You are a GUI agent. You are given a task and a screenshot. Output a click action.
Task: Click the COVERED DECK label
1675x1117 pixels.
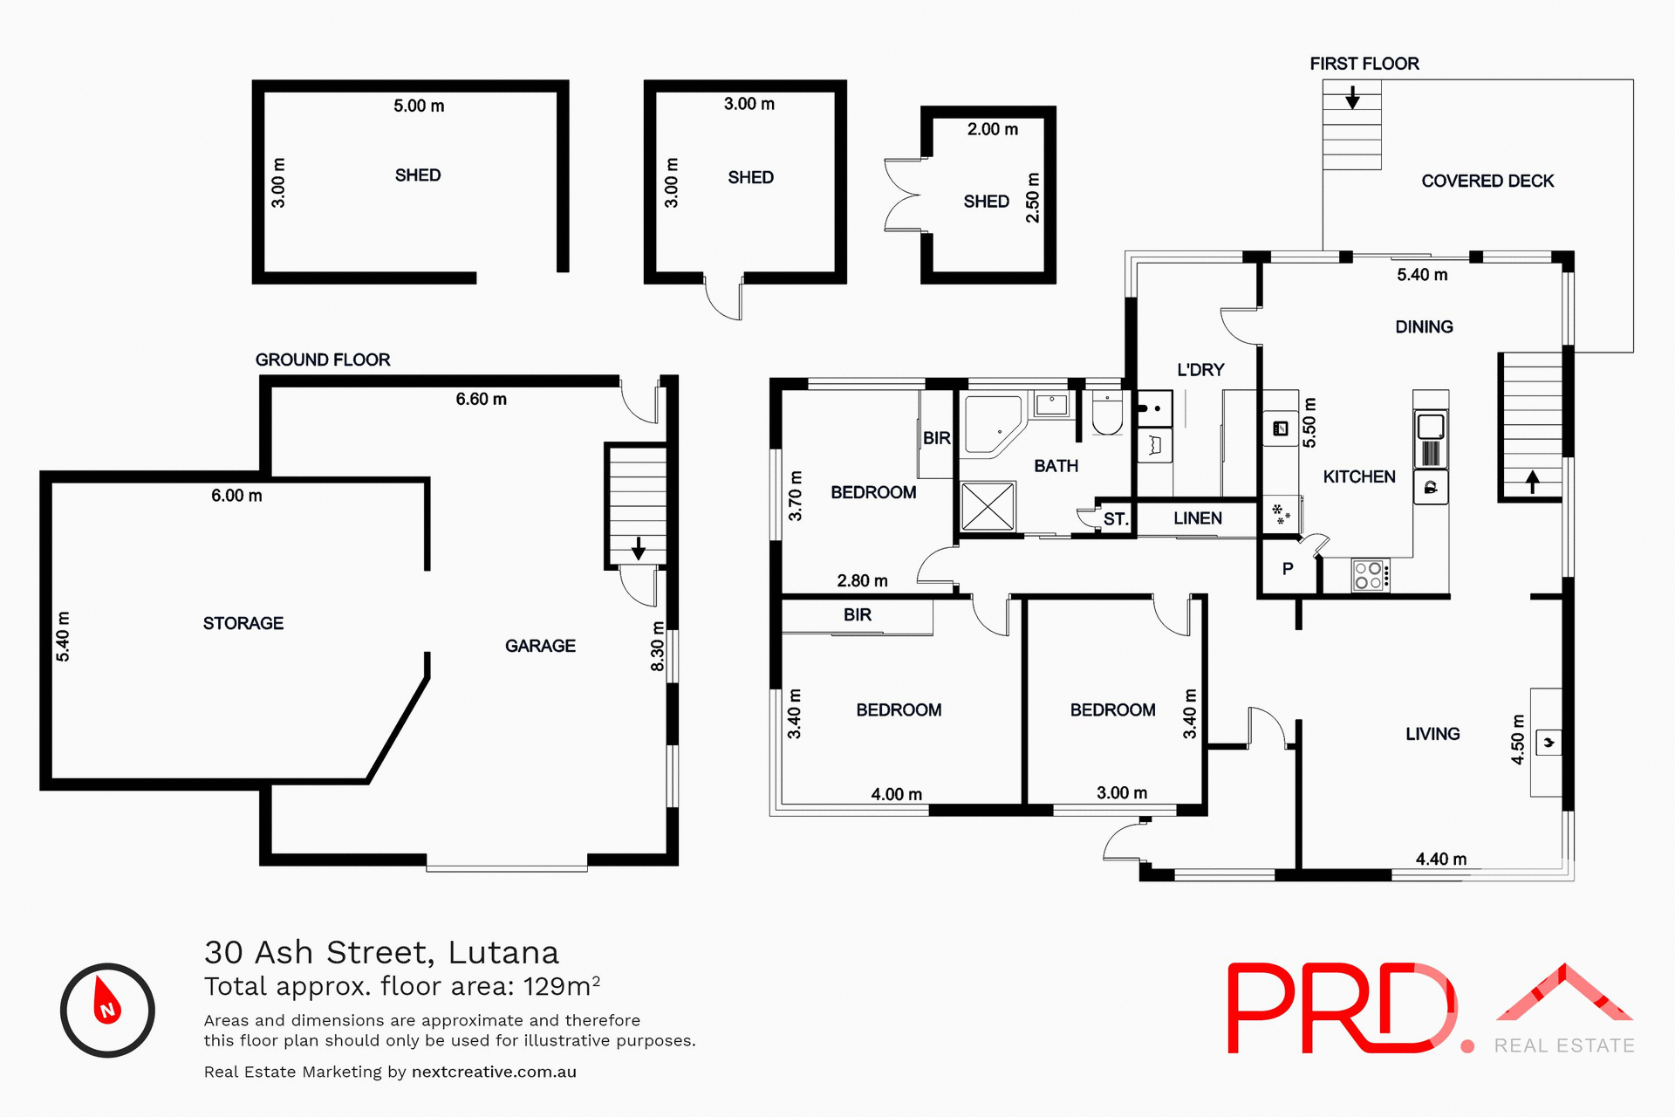(1487, 182)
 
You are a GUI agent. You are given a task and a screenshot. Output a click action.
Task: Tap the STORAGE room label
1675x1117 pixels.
(243, 623)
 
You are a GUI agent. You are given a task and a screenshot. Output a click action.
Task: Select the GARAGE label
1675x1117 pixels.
(540, 646)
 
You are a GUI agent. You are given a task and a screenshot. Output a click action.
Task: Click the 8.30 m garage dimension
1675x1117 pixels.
(658, 647)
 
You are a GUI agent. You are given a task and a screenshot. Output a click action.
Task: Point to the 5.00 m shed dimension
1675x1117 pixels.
(419, 106)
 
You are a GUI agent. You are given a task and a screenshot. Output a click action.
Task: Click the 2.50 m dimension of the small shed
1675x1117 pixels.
(1033, 198)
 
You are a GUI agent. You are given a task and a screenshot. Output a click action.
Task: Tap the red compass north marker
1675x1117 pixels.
(106, 1004)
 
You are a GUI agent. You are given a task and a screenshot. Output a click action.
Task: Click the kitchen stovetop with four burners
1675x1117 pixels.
(1369, 576)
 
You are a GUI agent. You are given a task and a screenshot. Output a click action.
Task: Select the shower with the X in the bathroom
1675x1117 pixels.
(988, 506)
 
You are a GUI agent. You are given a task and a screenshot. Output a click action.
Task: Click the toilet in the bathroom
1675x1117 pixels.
(1107, 415)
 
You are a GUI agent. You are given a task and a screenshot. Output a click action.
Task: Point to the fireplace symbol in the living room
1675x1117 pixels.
(1549, 743)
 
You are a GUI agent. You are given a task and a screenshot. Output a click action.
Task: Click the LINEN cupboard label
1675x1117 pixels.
(1197, 518)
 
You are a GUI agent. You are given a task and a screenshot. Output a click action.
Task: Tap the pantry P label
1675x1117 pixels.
(1288, 569)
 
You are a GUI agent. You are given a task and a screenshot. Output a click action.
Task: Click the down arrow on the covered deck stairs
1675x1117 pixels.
(1352, 97)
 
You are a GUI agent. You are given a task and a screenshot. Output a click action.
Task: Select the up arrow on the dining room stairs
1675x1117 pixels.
(1533, 481)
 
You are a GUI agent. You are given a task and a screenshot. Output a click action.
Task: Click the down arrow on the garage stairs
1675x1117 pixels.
(638, 548)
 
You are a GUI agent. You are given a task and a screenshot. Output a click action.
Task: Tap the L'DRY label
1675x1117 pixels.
(1200, 370)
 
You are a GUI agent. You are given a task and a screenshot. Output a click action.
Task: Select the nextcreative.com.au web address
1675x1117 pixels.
(494, 1072)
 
